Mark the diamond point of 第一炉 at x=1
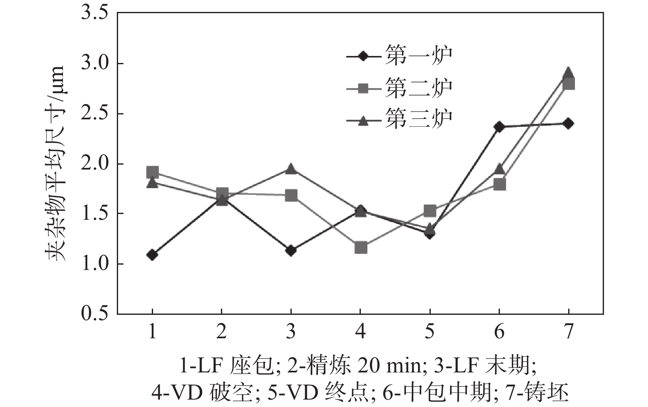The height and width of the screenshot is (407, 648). (x=152, y=255)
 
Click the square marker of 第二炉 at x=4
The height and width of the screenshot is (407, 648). (x=361, y=248)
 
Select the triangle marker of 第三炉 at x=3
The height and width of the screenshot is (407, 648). (x=291, y=169)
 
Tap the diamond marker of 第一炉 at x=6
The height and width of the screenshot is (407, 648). (x=499, y=126)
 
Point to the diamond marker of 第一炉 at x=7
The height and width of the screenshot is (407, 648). (x=568, y=123)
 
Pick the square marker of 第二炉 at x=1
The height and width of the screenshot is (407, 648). (x=152, y=172)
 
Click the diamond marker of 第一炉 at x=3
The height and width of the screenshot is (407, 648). (x=291, y=250)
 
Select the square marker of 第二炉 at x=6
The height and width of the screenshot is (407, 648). (x=499, y=184)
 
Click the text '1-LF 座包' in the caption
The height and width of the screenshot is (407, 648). (x=226, y=365)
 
